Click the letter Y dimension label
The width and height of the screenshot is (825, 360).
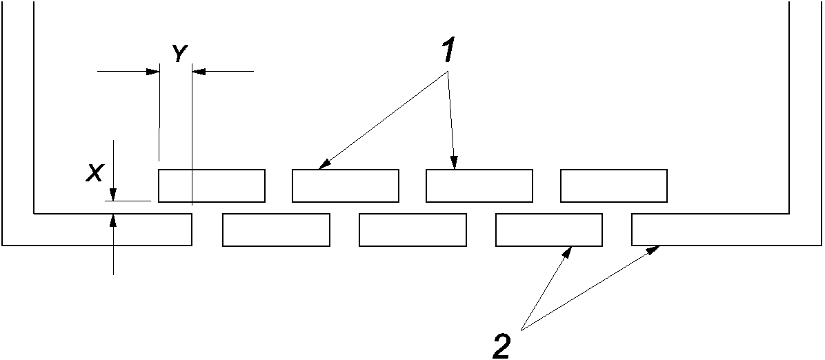pos(179,54)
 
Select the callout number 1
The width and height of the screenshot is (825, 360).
pos(448,50)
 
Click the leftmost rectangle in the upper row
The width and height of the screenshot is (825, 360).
pos(212,186)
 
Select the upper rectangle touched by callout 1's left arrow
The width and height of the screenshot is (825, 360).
pos(346,186)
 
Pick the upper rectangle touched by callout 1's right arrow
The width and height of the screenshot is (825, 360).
pos(479,186)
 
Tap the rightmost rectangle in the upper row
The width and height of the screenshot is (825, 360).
pos(614,186)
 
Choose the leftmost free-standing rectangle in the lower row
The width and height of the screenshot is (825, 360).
pos(276,230)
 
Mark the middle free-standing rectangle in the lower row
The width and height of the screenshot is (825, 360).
pos(412,230)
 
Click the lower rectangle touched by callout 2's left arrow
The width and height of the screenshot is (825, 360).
pos(549,230)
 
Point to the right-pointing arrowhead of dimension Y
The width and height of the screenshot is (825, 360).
pos(153,70)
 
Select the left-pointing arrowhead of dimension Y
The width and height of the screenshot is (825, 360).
pos(199,70)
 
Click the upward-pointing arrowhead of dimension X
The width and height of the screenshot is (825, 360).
pos(114,220)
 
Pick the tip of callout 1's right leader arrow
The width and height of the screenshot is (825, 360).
pos(455,168)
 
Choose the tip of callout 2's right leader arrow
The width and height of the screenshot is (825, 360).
pos(657,247)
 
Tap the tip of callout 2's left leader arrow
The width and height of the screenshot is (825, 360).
pos(572,247)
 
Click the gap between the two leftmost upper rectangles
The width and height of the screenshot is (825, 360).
pos(279,186)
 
